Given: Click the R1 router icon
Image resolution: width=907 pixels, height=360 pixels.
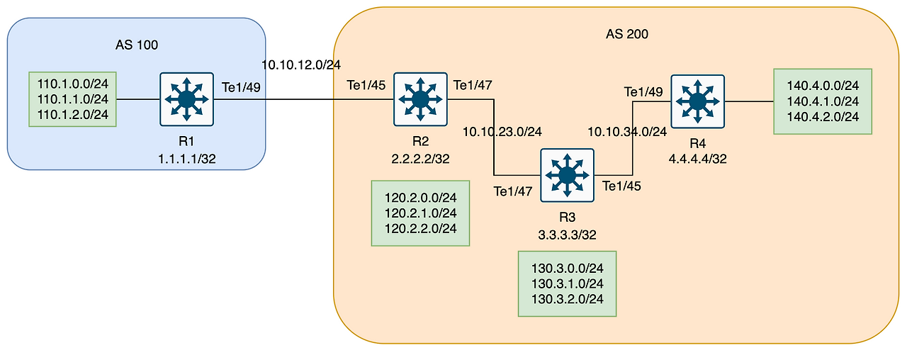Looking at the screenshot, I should pyautogui.click(x=186, y=99).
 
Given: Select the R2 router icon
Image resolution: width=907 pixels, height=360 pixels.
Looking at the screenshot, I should pyautogui.click(x=420, y=99).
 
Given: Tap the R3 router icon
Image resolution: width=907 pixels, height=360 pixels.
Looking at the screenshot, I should pyautogui.click(x=566, y=175).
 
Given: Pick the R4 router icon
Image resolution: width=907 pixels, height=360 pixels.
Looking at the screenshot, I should pyautogui.click(x=698, y=101).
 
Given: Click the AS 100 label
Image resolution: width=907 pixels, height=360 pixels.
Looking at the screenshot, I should pyautogui.click(x=136, y=45).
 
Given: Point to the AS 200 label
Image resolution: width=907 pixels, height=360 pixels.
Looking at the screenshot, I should pyautogui.click(x=626, y=33).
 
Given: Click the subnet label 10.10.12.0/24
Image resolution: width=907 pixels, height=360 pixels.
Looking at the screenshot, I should pyautogui.click(x=301, y=64).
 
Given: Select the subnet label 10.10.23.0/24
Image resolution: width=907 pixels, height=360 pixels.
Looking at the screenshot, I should pyautogui.click(x=502, y=131).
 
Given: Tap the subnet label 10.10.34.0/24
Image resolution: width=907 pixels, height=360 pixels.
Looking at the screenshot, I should pyautogui.click(x=627, y=131).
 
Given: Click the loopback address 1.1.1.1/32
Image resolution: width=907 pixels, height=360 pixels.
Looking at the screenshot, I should pyautogui.click(x=187, y=159).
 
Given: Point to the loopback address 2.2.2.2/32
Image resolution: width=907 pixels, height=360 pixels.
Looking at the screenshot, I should pyautogui.click(x=421, y=159).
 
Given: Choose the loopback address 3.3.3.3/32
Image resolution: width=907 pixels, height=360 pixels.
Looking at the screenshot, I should pyautogui.click(x=567, y=235).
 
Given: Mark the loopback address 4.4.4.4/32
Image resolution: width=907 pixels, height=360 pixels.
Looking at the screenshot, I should pyautogui.click(x=698, y=159).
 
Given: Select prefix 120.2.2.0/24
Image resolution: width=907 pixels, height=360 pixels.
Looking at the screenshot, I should pyautogui.click(x=420, y=227).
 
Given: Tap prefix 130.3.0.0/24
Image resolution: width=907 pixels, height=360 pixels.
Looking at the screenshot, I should pyautogui.click(x=567, y=268).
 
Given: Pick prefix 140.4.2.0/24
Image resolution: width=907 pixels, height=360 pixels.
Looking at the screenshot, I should pyautogui.click(x=823, y=116).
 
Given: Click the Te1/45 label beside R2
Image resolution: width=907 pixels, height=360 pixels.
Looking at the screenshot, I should pyautogui.click(x=366, y=85).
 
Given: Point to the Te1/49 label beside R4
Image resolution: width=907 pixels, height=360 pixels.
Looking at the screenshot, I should pyautogui.click(x=643, y=91).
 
